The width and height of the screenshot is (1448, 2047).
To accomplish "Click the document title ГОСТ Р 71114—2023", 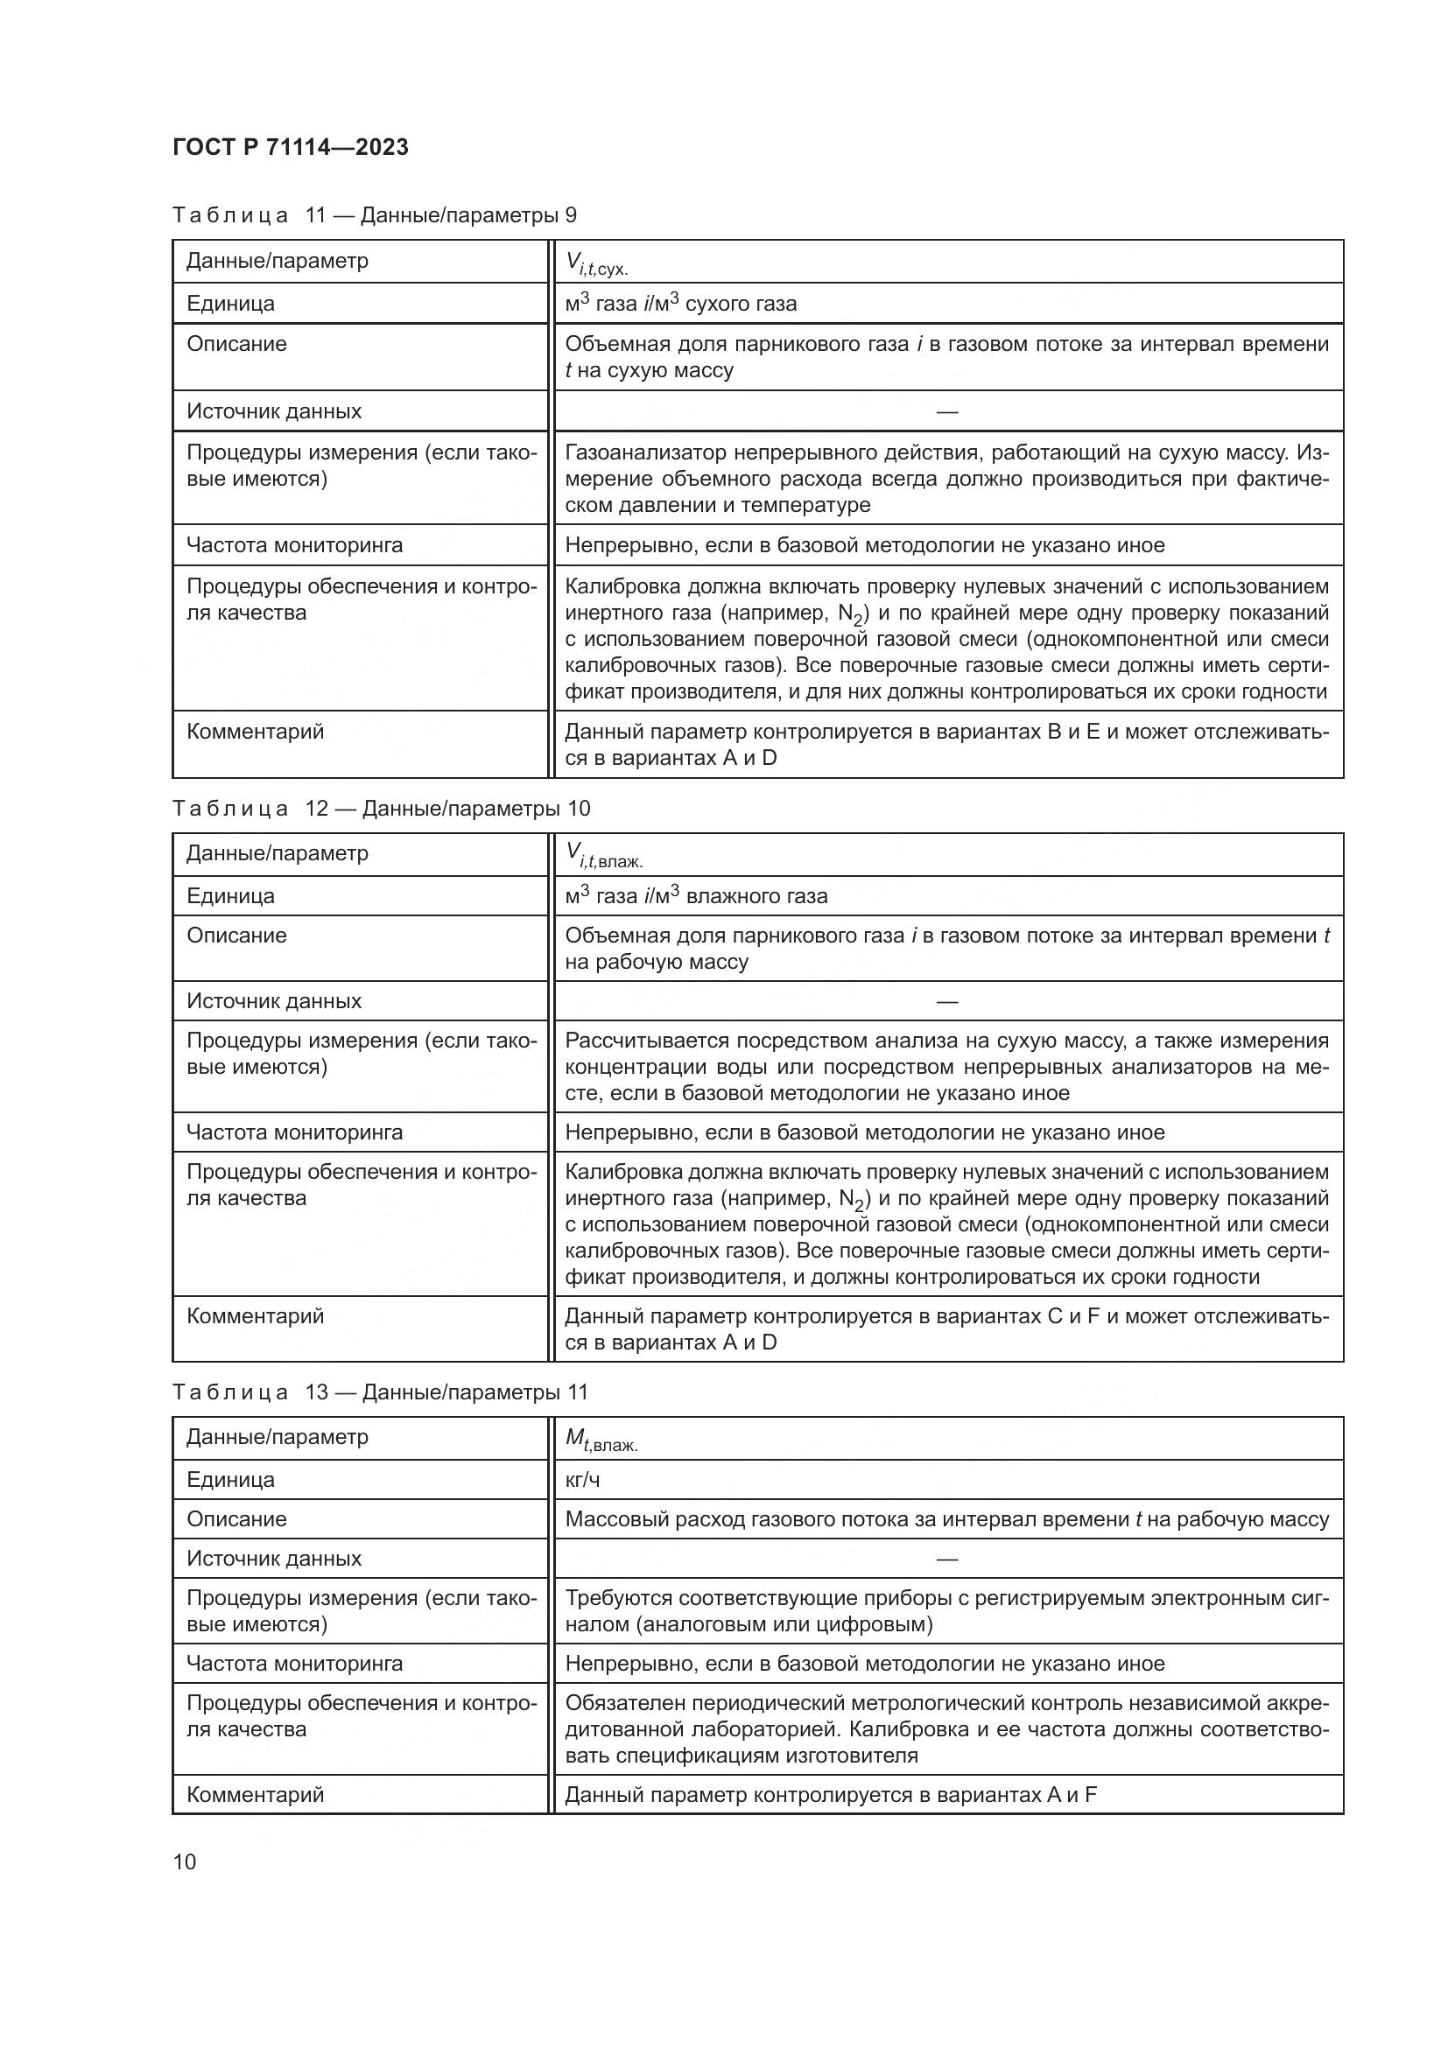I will tap(290, 147).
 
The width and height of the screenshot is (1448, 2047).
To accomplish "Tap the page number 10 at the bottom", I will tap(185, 1861).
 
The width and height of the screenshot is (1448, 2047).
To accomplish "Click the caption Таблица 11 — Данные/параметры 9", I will tap(375, 215).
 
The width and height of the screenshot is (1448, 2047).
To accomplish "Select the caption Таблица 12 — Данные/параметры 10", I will tap(381, 808).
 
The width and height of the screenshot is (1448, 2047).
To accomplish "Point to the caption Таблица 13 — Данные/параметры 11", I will tap(380, 1392).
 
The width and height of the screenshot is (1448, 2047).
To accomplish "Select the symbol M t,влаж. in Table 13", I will tap(601, 1439).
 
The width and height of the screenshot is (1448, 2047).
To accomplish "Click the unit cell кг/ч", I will tap(582, 1480).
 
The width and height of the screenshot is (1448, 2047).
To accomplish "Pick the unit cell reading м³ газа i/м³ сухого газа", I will tap(680, 303).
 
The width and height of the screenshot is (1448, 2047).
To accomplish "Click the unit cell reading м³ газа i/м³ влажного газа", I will tap(695, 895).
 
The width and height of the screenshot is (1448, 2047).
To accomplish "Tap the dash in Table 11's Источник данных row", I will tap(947, 411).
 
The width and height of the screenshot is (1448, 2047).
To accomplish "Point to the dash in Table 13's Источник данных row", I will tap(947, 1559).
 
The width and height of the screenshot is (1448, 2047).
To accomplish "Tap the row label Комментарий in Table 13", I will tap(255, 1794).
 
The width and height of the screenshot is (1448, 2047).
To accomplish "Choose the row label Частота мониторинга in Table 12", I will tap(294, 1132).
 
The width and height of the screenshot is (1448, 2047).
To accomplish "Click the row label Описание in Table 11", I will tap(236, 344).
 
